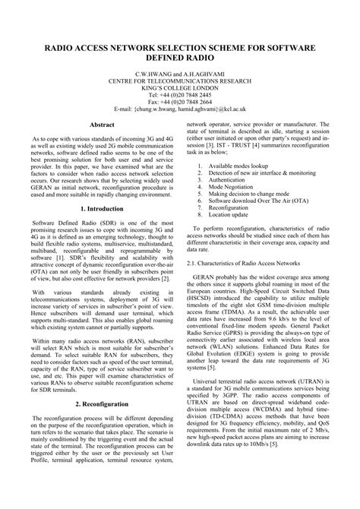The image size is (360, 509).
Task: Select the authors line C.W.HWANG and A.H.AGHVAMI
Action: (x=179, y=75)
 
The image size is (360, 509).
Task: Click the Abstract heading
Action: (x=102, y=124)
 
